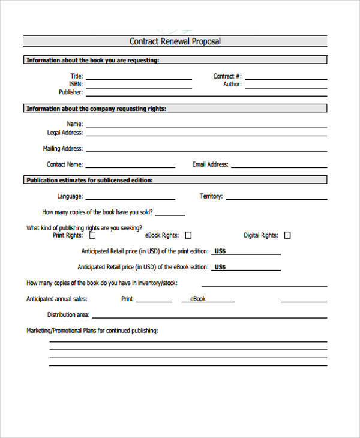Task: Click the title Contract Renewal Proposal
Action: (175, 41)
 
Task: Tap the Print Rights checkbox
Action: (92, 235)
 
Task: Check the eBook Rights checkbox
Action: (188, 235)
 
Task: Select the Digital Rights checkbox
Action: (287, 235)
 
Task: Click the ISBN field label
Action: (76, 85)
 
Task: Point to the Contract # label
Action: (227, 76)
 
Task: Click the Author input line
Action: (286, 87)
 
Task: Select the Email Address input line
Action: (279, 167)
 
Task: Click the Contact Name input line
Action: (130, 167)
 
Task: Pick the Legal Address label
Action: (65, 133)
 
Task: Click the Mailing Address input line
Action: (206, 151)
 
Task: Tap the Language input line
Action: (130, 199)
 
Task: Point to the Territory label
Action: (211, 196)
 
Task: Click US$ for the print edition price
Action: (220, 251)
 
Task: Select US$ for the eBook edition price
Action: (220, 267)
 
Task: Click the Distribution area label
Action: (68, 314)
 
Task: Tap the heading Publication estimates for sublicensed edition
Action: (89, 180)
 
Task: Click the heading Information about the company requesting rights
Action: (96, 109)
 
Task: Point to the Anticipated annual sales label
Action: (57, 299)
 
